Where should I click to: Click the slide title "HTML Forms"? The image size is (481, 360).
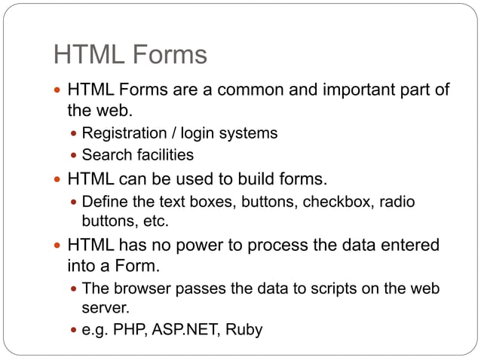130,55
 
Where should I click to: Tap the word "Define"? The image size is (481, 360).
104,203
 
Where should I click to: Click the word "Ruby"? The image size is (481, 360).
243,329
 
